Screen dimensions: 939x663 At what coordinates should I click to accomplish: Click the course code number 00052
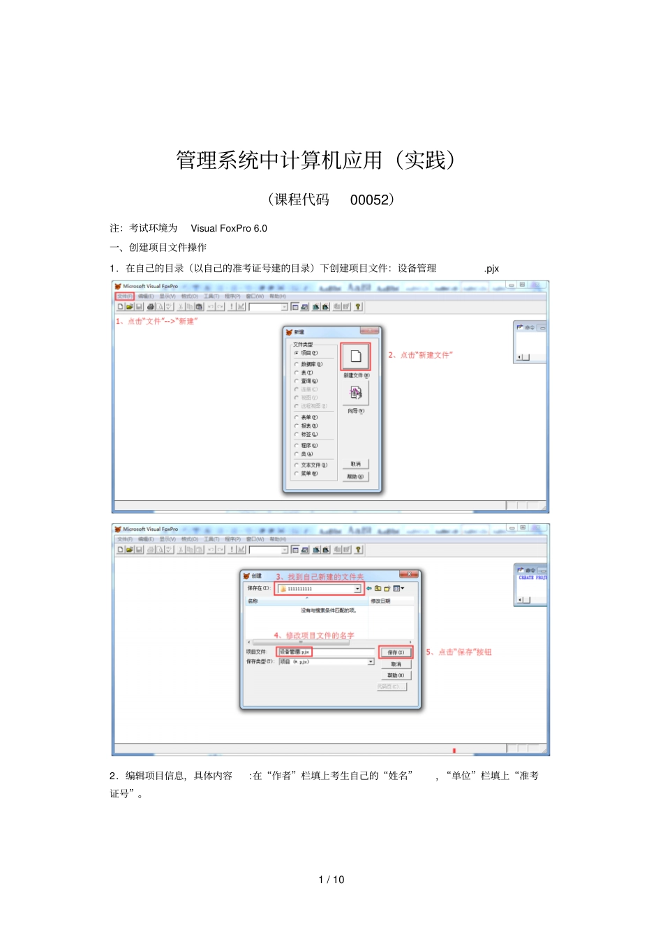(369, 200)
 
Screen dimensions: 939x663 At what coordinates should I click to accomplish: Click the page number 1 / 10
(331, 880)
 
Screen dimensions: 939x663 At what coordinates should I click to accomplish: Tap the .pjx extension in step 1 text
(491, 269)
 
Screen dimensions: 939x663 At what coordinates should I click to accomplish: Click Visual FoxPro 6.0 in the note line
(229, 228)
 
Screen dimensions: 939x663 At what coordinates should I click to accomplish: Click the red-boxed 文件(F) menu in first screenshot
(125, 296)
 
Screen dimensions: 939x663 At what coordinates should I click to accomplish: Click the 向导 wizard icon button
(355, 393)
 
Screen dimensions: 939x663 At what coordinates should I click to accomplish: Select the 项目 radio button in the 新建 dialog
(297, 353)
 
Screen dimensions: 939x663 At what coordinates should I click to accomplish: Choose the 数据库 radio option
(297, 364)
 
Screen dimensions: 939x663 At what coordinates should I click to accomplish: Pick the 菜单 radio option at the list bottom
(297, 474)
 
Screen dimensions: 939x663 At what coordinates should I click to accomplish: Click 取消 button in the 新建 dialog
(355, 464)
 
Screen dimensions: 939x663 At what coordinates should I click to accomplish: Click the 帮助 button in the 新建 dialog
(355, 476)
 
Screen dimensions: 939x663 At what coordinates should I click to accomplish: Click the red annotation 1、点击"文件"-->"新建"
(157, 322)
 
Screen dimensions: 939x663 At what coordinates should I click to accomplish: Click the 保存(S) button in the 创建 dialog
(396, 652)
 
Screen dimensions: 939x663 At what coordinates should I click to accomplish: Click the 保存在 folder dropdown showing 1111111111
(320, 589)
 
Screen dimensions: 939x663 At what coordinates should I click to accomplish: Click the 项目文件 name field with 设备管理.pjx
(295, 652)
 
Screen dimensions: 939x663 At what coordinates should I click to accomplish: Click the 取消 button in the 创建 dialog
(396, 664)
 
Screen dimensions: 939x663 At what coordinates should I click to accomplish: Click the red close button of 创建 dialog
(410, 574)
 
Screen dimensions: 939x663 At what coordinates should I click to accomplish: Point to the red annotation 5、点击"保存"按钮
(459, 652)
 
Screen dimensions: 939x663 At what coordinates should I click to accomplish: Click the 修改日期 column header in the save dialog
(381, 601)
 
